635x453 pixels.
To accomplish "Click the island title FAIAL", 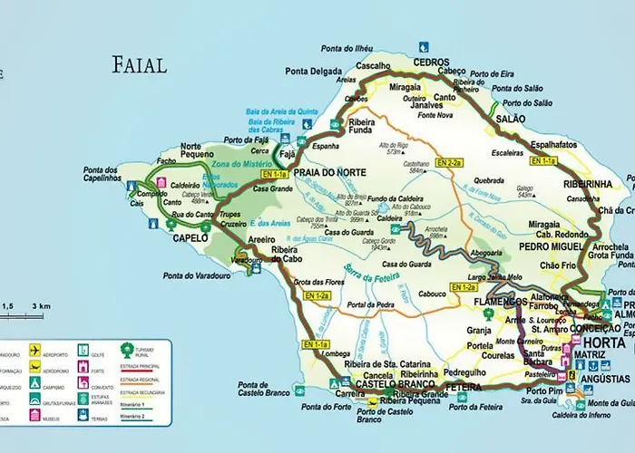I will [x=140, y=65].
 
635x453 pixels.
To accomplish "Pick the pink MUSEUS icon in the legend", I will [x=35, y=418].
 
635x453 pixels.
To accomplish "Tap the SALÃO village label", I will [x=513, y=119].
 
